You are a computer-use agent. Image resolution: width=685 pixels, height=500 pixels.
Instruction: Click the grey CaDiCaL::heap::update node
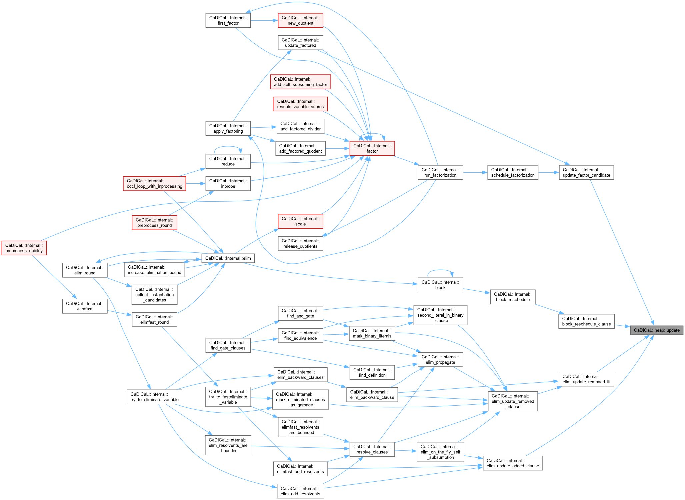point(656,330)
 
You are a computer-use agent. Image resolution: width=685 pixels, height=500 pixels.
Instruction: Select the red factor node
point(372,148)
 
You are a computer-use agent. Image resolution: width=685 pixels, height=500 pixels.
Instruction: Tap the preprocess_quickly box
point(24,248)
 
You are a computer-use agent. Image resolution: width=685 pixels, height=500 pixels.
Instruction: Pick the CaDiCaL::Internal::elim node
point(228,258)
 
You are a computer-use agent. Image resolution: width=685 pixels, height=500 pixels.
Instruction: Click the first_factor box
point(228,20)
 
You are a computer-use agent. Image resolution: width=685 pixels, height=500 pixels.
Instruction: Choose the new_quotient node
point(300,20)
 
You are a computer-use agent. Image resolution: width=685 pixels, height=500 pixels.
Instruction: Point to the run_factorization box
point(440,172)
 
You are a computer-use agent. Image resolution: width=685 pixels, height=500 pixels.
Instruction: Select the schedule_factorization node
point(512,172)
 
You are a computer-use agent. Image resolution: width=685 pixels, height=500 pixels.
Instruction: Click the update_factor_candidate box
point(586,172)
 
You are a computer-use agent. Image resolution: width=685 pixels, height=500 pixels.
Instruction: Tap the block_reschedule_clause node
point(586,321)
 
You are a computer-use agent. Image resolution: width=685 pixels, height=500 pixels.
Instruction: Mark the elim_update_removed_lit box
point(586,379)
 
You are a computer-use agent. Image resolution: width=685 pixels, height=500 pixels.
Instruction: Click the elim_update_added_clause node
point(512,463)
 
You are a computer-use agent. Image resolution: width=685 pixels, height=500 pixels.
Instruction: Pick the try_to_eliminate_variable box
point(154,397)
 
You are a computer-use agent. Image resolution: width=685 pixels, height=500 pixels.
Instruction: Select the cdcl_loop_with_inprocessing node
point(154,183)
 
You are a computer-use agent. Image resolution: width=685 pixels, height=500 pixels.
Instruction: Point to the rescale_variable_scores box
point(300,104)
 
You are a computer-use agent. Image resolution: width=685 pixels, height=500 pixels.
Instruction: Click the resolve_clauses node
point(372,449)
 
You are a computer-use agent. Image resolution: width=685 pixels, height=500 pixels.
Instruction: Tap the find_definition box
point(372,372)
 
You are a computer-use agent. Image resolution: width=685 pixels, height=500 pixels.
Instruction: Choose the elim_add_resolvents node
point(300,491)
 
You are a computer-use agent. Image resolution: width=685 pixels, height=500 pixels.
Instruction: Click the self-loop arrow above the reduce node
point(228,147)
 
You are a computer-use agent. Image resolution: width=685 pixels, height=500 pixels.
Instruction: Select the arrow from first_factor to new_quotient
point(264,20)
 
